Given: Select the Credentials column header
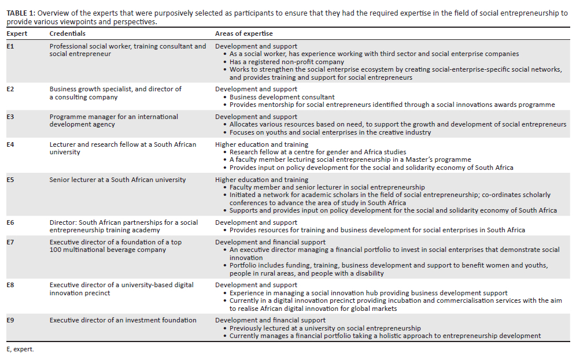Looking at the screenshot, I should point(67,34).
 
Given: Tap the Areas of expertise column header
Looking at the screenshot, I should point(243,34).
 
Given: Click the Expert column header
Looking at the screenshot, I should point(17,34).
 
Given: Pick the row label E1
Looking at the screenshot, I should point(10,46).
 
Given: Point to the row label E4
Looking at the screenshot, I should point(10,144).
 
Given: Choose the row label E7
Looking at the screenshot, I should point(10,242).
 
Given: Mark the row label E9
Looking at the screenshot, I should point(10,320).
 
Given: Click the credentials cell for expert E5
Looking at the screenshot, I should point(117,180).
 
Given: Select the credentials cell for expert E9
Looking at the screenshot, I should point(123,320).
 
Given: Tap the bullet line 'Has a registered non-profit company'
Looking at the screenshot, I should point(286,62).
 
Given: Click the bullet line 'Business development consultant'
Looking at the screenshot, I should point(282,97).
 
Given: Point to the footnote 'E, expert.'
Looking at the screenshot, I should point(20,350).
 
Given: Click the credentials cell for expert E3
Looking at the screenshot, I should point(113,120).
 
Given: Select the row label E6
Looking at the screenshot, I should point(10,222).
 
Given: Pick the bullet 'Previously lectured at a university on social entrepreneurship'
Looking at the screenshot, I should point(324,328).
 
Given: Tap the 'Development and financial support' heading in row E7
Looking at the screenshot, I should point(270,242).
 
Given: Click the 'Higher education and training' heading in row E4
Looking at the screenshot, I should point(261,144).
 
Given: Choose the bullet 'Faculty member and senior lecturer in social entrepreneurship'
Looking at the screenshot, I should point(327,187).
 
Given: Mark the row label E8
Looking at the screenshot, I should point(10,285).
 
